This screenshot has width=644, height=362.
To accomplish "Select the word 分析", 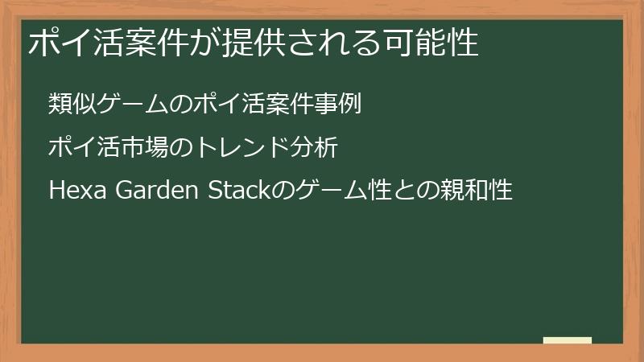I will point(303,148).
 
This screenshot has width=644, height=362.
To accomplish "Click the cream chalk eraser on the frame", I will point(567,340).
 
